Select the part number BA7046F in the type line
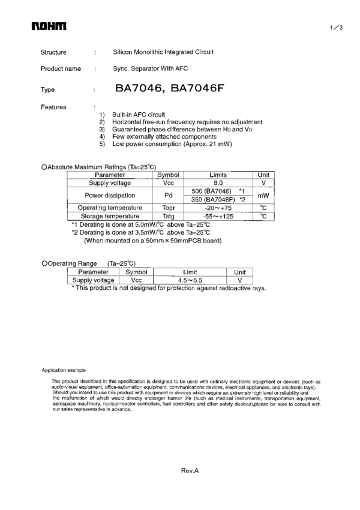[x=197, y=89]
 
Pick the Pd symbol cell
[x=168, y=195]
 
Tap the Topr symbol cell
[x=168, y=208]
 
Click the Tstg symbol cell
[x=168, y=216]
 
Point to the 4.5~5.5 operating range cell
[x=191, y=280]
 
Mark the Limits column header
[x=218, y=174]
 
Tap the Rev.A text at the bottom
[x=190, y=471]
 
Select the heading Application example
[x=64, y=370]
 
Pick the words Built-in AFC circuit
[x=139, y=115]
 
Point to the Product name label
[x=61, y=68]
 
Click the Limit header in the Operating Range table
[x=191, y=272]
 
